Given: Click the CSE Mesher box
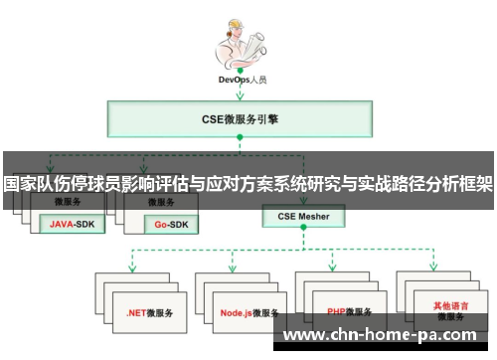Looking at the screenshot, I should coord(303,215).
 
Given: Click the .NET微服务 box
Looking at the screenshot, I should coord(148,312).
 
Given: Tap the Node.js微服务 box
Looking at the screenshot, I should coord(248,312).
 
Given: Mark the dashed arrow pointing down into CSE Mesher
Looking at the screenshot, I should coord(303,199).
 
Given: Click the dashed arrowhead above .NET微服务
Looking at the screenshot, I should coord(131,269).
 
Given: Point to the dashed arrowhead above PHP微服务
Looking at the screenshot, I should coord(333,269).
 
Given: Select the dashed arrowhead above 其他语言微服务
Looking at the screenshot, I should coord(433,269).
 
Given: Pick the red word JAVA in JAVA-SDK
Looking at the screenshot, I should coord(63,225).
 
